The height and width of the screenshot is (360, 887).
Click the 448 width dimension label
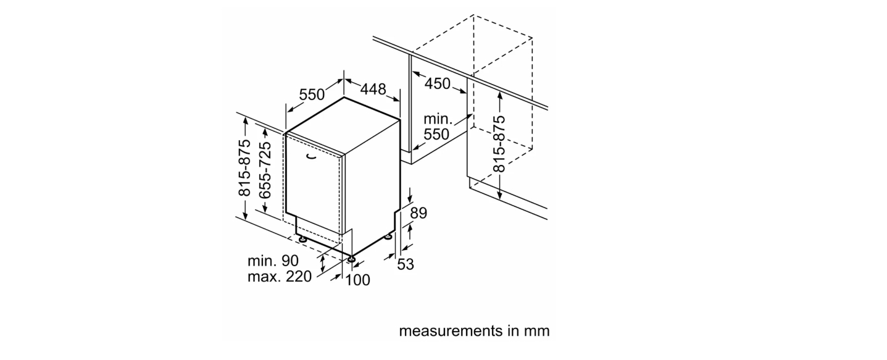(373, 89)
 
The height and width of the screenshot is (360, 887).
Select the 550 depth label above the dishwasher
(312, 94)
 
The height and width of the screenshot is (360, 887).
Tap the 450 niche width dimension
(437, 83)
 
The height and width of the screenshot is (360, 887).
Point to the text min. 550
(437, 127)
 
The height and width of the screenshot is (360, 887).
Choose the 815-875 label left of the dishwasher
(244, 168)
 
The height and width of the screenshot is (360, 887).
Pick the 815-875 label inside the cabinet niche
(499, 143)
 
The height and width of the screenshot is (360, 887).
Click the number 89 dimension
(419, 213)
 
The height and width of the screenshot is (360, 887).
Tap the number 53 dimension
(406, 264)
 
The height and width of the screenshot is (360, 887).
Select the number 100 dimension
(357, 280)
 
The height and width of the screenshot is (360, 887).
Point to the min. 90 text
(273, 261)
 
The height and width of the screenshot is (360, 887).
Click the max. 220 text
(280, 277)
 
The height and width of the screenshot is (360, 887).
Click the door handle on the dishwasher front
(312, 157)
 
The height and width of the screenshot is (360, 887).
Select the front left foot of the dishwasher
(303, 239)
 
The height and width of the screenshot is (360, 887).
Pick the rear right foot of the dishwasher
(388, 237)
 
